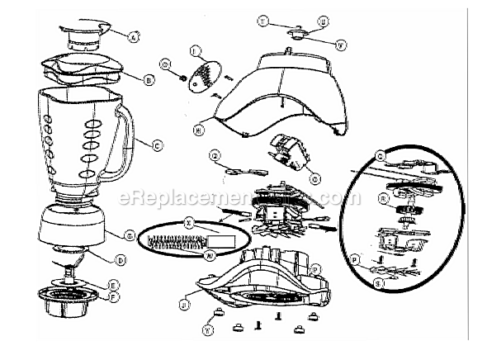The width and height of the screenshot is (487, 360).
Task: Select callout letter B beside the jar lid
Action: (x=149, y=80)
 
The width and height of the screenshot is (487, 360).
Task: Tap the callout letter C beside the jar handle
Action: (x=156, y=145)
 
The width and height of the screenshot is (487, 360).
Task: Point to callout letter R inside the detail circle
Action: (x=383, y=199)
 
